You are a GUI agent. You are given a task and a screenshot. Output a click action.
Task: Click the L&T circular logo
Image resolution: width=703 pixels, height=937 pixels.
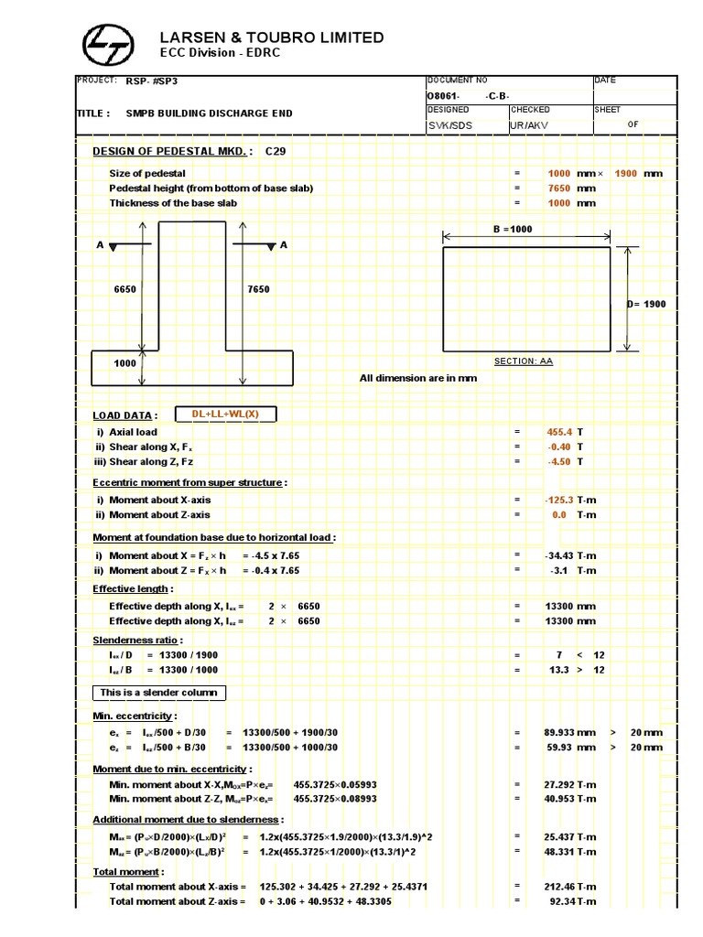click(x=107, y=43)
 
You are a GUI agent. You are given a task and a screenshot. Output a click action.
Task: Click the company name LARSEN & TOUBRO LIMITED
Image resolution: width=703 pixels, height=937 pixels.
click(x=272, y=38)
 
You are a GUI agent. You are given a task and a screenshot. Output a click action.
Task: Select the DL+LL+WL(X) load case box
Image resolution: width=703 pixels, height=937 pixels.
click(x=225, y=415)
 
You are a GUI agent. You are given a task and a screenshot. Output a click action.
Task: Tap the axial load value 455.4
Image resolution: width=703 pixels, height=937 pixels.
click(x=560, y=432)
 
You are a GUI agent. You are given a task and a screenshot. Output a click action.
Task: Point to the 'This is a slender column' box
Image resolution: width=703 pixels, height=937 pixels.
click(x=159, y=693)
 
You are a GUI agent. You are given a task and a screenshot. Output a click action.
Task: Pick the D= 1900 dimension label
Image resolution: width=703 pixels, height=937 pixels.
click(x=646, y=304)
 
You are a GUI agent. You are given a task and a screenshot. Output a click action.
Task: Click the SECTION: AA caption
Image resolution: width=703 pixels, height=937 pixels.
click(x=524, y=361)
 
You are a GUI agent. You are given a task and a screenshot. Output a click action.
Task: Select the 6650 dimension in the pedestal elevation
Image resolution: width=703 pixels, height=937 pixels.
click(x=124, y=289)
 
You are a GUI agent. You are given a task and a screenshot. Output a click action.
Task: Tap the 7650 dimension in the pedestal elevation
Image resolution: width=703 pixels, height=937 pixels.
click(x=258, y=289)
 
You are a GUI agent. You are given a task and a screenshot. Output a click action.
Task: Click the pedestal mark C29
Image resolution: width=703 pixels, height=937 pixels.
click(x=275, y=151)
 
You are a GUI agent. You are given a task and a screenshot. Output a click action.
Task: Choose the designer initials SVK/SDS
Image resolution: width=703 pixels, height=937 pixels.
click(x=450, y=125)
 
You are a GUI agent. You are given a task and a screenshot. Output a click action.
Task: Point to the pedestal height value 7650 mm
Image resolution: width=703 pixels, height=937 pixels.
click(x=559, y=188)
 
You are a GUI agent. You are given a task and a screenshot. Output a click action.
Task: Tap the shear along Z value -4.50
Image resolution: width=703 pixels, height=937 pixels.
click(x=558, y=462)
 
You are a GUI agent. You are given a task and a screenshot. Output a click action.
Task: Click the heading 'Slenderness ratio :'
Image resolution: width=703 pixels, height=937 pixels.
click(x=138, y=641)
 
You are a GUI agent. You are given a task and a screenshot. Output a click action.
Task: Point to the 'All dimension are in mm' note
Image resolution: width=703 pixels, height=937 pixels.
click(x=418, y=378)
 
